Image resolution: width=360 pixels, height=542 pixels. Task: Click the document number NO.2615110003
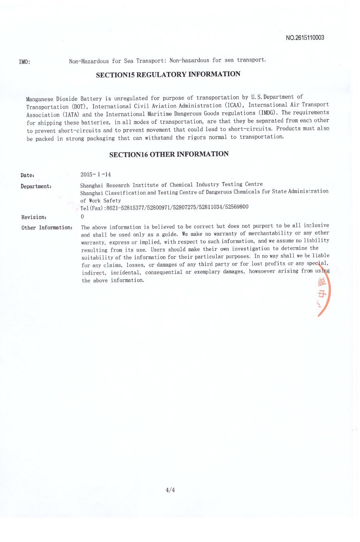305,38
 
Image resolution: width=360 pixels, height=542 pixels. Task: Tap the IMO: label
24,62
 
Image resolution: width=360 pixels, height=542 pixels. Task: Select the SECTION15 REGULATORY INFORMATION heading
168,74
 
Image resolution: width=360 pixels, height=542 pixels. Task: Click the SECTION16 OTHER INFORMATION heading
169,154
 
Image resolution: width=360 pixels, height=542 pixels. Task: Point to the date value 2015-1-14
96,175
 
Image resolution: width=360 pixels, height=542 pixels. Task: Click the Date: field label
27,175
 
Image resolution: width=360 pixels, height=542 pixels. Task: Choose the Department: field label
36,186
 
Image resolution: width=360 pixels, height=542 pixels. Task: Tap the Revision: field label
34,217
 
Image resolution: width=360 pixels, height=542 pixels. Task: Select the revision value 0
82,217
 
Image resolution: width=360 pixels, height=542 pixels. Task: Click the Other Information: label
47,228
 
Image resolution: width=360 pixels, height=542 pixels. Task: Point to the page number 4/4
170,490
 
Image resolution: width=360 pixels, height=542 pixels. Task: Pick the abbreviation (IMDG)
268,113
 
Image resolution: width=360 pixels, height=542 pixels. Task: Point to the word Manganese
40,99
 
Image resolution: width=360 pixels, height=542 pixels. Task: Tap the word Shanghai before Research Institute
91,185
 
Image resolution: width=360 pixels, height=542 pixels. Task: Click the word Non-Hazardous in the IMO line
89,61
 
